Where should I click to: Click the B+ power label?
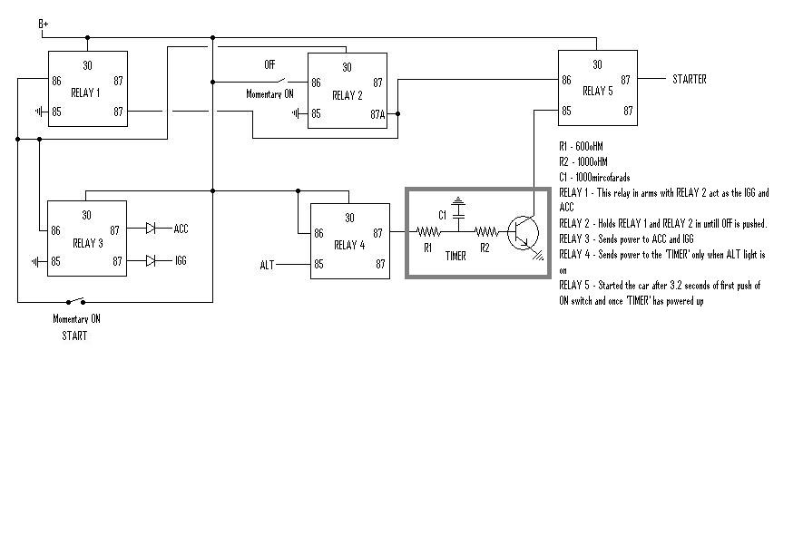click(x=43, y=24)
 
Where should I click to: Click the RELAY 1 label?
click(x=87, y=93)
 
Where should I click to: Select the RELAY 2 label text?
click(x=348, y=95)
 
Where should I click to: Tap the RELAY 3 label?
click(x=87, y=244)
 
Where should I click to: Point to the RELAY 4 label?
click(x=349, y=245)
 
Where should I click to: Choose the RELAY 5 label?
click(x=598, y=92)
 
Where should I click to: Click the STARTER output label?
click(x=689, y=80)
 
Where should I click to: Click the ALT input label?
click(x=267, y=265)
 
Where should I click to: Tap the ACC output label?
click(x=181, y=229)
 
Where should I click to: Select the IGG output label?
click(x=181, y=261)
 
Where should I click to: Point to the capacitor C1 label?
click(x=443, y=216)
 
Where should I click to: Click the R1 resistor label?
click(x=427, y=247)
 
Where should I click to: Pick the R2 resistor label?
click(x=485, y=247)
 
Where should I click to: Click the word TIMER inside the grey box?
click(x=455, y=257)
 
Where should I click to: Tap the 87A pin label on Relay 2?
click(x=377, y=114)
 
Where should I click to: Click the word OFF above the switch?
click(x=269, y=65)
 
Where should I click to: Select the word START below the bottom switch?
click(x=74, y=336)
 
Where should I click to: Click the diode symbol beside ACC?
click(x=152, y=229)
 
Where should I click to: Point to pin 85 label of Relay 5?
click(x=566, y=112)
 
